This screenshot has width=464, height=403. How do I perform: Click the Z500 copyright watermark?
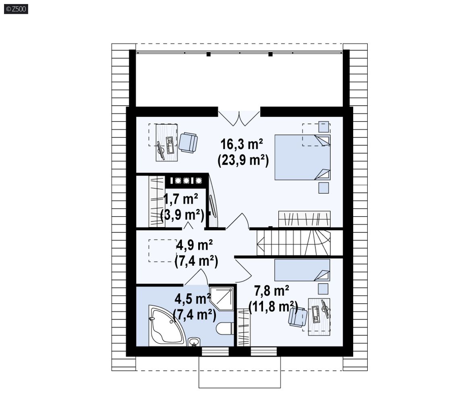[x=16, y=9]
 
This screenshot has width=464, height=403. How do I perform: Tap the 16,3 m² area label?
[x=242, y=144]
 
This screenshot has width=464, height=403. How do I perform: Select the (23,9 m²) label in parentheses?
[x=243, y=161]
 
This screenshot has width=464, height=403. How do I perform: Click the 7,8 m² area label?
[x=271, y=291]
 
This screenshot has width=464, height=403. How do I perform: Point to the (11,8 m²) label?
[x=273, y=307]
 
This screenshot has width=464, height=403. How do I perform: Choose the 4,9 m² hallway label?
[x=195, y=245]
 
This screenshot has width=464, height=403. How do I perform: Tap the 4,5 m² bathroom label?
[x=193, y=299]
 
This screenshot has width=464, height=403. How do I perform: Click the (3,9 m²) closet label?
[x=182, y=215]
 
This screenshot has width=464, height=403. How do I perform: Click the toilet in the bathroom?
[x=225, y=329]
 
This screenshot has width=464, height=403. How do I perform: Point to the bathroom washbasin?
[x=194, y=342]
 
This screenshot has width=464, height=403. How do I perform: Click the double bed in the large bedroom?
[x=302, y=157]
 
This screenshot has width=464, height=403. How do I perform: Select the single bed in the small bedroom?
[x=302, y=270]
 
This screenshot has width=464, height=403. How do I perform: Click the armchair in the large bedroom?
[x=188, y=142]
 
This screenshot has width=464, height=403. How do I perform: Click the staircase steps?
[x=293, y=242]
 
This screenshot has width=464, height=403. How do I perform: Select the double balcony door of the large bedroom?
[x=239, y=118]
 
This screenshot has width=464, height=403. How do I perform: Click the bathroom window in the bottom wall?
[x=215, y=351]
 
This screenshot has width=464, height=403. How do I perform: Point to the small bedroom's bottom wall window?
[x=264, y=351]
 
